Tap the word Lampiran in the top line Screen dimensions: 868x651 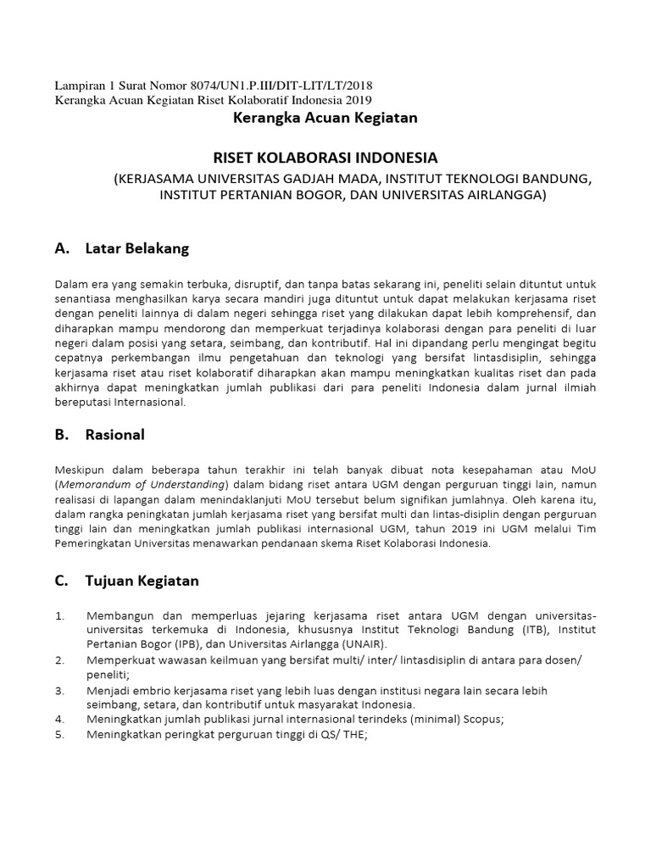tap(80, 86)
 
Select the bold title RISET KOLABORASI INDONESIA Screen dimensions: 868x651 tap(325, 159)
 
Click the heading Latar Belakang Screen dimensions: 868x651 tap(137, 248)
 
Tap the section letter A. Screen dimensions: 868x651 tap(60, 248)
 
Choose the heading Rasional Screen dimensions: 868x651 tap(115, 435)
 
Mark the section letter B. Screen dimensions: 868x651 tap(60, 435)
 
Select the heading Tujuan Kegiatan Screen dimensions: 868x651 tap(142, 581)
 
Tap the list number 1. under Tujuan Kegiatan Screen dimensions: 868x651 tap(59, 615)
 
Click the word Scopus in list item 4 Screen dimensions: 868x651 tap(483, 720)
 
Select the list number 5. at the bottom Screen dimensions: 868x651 tap(59, 735)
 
